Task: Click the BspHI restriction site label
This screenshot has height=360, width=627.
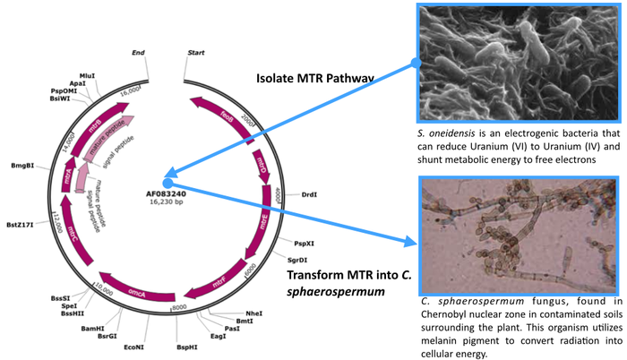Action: point(186,345)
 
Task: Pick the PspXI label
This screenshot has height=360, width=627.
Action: point(304,243)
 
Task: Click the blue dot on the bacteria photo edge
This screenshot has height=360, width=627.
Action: point(415,63)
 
